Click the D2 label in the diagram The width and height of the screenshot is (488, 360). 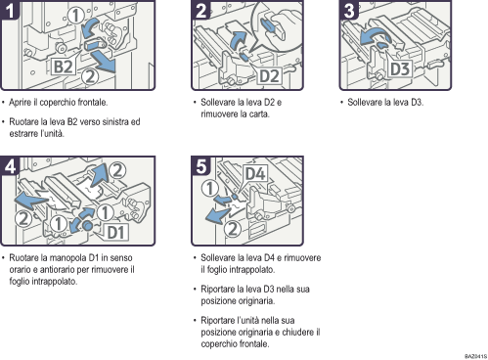270,75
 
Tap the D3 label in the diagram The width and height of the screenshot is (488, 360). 400,69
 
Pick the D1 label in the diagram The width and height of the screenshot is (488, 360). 115,233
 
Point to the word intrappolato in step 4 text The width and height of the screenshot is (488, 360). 56,281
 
